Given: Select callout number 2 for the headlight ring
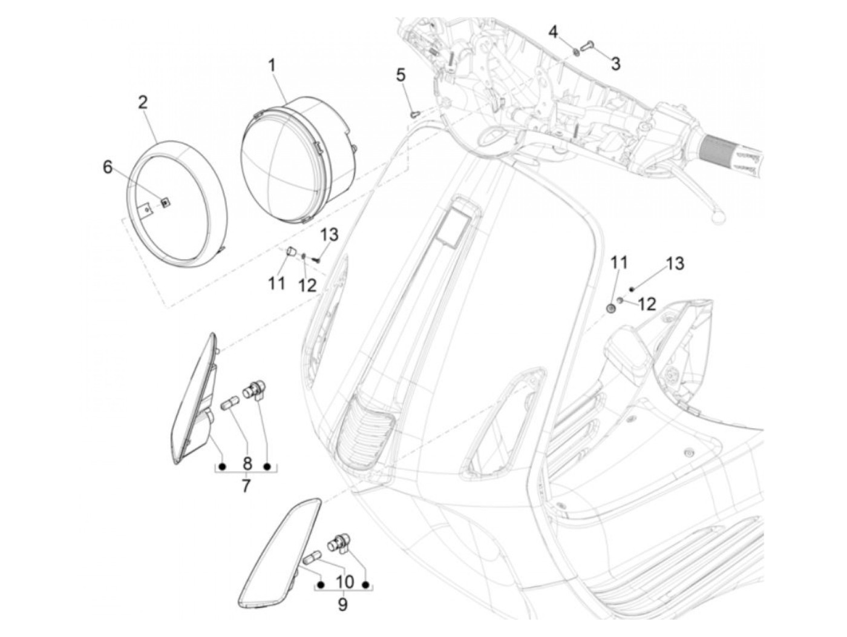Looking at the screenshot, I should pos(143,102).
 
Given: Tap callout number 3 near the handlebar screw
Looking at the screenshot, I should pos(615,64).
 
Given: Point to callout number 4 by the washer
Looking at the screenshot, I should pos(554,31).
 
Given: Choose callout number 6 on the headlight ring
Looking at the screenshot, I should pos(108,167).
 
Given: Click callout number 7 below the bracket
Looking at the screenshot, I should pos(246,486).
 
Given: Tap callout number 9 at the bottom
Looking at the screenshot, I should pos(343,604).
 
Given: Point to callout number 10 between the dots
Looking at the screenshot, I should pos(344,582).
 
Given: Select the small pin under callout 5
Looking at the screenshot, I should pos(414,111).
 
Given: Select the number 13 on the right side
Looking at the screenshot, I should pos(675,264).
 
